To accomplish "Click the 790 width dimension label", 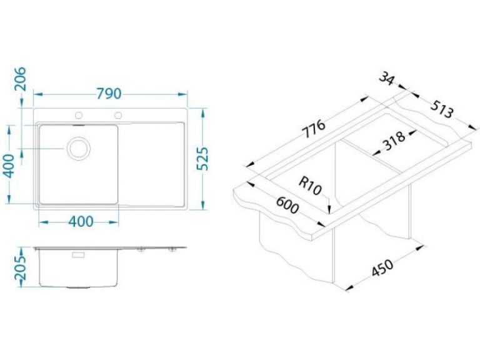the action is pyautogui.click(x=109, y=94).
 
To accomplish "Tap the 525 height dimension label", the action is pyautogui.click(x=202, y=159).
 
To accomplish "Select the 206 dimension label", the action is pyautogui.click(x=21, y=79).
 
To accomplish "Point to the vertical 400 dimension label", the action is pyautogui.click(x=10, y=166).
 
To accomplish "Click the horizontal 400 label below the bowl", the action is pyautogui.click(x=81, y=222).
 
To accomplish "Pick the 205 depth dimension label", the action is pyautogui.click(x=21, y=269).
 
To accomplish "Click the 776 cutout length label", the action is pyautogui.click(x=314, y=129).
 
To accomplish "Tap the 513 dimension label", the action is pyautogui.click(x=441, y=109).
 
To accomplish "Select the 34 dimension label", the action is pyautogui.click(x=386, y=78).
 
